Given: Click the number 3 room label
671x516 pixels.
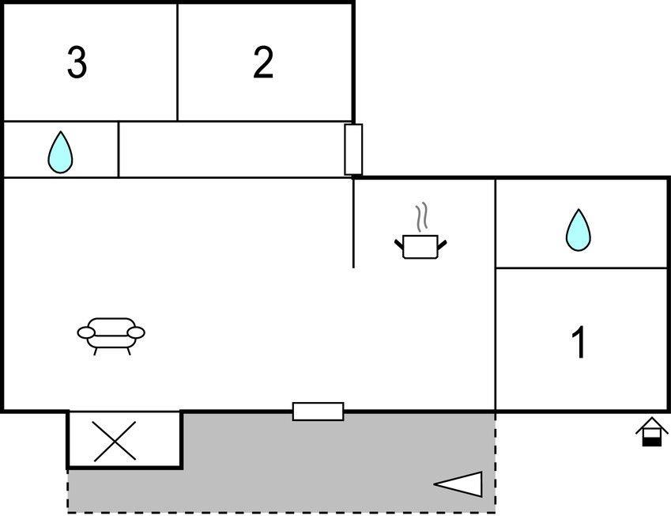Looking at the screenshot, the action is click(77, 63).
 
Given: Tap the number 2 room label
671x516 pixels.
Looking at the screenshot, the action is click(263, 63).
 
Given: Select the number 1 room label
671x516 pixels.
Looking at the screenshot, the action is click(579, 342).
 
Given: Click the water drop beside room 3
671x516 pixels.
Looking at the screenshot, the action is click(60, 152).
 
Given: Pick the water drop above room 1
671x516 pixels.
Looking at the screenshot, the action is click(579, 230).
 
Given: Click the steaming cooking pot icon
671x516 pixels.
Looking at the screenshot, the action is click(420, 231).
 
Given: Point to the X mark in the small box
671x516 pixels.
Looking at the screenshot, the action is click(115, 441).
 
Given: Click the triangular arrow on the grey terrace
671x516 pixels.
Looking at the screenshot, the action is click(458, 484).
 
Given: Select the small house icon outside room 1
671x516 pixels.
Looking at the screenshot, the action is click(651, 431).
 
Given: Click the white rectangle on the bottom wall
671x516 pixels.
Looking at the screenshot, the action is click(318, 412).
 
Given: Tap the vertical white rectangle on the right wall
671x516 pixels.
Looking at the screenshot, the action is click(353, 150).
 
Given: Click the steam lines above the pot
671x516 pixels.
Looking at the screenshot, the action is click(421, 218).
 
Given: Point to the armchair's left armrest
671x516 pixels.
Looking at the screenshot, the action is click(86, 332).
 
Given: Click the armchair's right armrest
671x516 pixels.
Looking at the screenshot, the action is click(137, 332).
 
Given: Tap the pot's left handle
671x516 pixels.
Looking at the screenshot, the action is click(399, 245).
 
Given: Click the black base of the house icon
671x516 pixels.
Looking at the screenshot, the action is click(651, 442).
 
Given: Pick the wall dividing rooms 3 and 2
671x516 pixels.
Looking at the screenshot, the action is click(177, 63).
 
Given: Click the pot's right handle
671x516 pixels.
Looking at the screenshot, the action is click(443, 245).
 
